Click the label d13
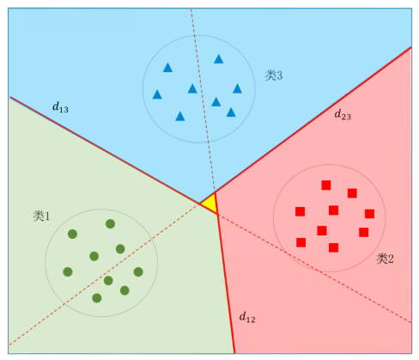[60, 107]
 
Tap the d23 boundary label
[343, 114]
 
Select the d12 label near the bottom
[247, 317]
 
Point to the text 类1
[41, 216]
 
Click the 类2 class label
[385, 259]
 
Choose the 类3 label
[274, 76]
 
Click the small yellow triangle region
[210, 204]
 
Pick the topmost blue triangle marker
[219, 59]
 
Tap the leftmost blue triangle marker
[157, 95]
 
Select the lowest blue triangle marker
[180, 116]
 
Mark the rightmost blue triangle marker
[237, 88]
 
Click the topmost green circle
[111, 223]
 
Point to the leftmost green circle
[68, 272]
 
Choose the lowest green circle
[97, 298]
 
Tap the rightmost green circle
[138, 272]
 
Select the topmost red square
[326, 185]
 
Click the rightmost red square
[370, 214]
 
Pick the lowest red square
[334, 247]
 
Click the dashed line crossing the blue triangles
[203, 101]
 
